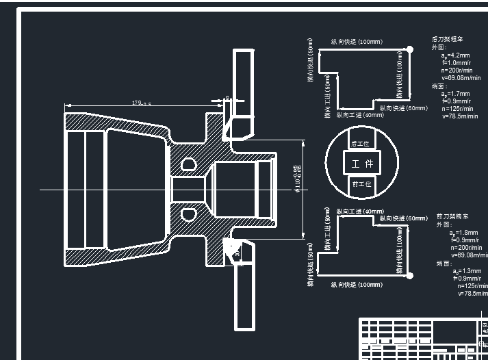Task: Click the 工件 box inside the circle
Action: click(362, 164)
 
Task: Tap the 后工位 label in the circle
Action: click(360, 144)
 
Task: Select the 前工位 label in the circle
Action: click(361, 184)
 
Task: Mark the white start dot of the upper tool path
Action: click(409, 49)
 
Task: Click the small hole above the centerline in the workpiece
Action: click(187, 164)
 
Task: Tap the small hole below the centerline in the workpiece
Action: click(187, 214)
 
